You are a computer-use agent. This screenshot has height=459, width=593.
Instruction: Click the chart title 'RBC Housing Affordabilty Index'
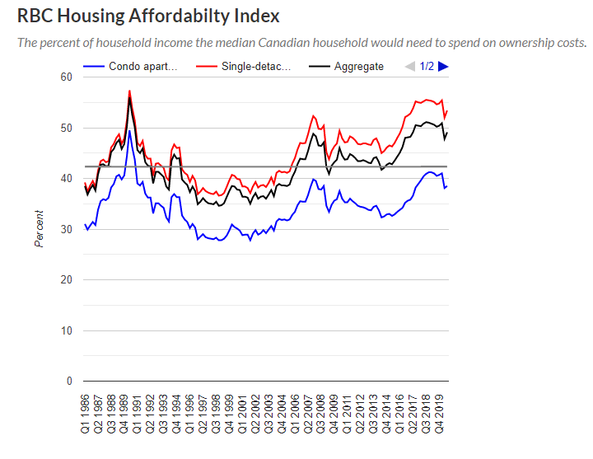148,16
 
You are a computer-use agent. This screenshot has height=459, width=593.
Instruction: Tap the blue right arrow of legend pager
443,66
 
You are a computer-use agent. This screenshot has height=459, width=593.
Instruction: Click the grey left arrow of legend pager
410,66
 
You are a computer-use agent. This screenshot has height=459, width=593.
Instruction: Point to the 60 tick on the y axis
67,77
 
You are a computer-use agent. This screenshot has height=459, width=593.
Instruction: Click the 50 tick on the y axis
67,128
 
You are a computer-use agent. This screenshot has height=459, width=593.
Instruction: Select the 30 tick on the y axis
67,229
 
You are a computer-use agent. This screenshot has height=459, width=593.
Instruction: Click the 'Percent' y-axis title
39,229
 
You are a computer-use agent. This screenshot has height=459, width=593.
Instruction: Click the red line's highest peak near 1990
129,91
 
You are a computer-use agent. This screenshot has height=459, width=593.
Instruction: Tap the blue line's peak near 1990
129,131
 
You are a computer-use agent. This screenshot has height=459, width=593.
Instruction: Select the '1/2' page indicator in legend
427,66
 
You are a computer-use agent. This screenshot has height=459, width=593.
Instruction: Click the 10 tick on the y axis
67,330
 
